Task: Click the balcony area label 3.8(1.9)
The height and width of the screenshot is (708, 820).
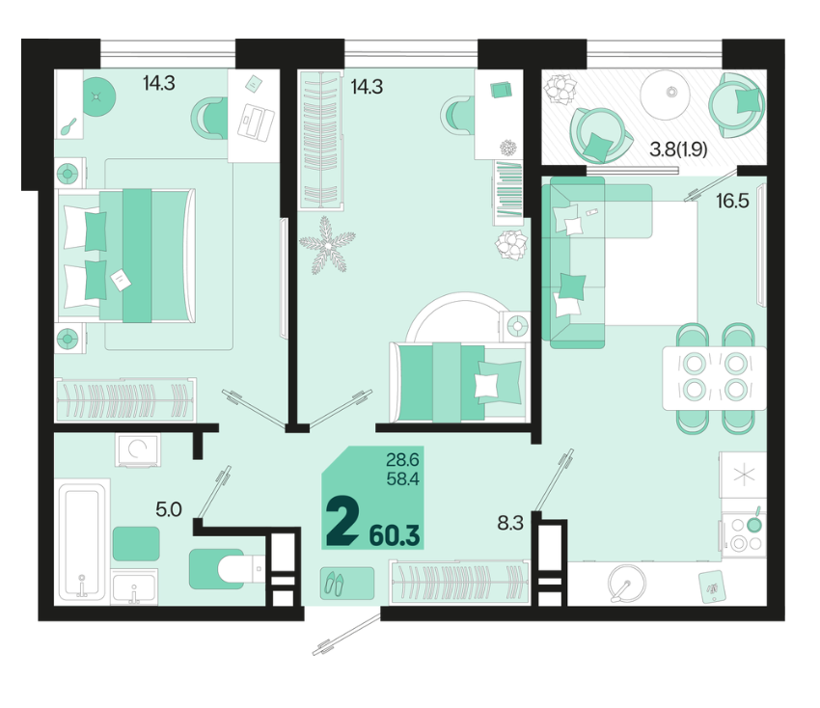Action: tap(678, 150)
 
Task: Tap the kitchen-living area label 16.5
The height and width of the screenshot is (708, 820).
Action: tap(732, 201)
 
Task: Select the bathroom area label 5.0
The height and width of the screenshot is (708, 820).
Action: tap(169, 508)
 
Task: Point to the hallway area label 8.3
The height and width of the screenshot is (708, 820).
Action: tap(510, 523)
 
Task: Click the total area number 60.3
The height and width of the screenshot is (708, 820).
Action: tap(395, 535)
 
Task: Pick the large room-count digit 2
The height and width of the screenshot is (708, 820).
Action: tap(342, 522)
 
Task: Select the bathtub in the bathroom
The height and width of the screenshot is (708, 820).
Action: tap(82, 541)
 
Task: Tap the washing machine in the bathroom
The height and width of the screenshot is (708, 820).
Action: tap(138, 449)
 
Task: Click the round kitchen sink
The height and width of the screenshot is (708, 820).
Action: tap(627, 583)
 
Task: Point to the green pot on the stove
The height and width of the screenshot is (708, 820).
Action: tap(753, 524)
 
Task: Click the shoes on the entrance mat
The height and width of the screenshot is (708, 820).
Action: tap(334, 583)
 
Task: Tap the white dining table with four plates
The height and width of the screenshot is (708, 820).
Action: tap(714, 377)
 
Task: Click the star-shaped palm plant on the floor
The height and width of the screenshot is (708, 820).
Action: tap(327, 245)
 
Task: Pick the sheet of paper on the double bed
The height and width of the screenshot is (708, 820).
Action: tap(121, 280)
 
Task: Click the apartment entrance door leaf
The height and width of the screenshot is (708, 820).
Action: tap(346, 634)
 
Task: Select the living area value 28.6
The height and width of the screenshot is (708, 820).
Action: tap(402, 460)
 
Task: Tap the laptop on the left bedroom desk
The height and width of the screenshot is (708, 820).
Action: tap(256, 123)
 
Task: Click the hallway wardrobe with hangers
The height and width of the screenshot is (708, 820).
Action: tap(459, 582)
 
